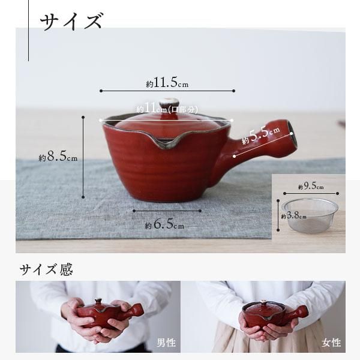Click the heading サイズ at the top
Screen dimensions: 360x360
point(71,22)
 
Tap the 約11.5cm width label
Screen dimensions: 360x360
point(167,83)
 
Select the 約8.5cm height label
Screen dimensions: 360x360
point(58,157)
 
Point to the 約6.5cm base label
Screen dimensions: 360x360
point(164,224)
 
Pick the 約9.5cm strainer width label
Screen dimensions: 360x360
point(311,186)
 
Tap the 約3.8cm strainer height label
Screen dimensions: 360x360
point(293,215)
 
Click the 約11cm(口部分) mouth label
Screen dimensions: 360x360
point(167,109)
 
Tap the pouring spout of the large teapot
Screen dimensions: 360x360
point(166,143)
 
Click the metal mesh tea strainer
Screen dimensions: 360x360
point(310,215)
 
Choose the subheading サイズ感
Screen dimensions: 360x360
point(46,269)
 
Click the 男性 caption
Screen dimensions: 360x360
point(166,343)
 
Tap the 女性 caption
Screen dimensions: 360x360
point(331,343)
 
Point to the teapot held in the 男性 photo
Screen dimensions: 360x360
point(110,312)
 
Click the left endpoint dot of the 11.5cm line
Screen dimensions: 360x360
point(101,91)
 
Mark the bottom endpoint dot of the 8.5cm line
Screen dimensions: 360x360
point(83,197)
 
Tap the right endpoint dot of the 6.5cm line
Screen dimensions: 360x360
point(200,211)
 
